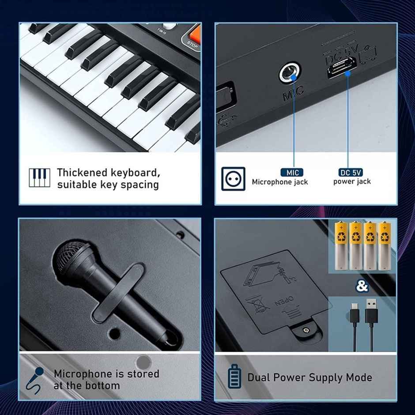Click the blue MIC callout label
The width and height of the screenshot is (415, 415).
(x=292, y=173)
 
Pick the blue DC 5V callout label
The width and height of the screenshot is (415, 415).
(x=351, y=173)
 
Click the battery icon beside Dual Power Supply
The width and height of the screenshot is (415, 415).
(x=234, y=377)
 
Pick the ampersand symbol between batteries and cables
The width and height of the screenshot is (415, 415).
(x=362, y=286)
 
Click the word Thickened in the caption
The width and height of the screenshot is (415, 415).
(x=82, y=172)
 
